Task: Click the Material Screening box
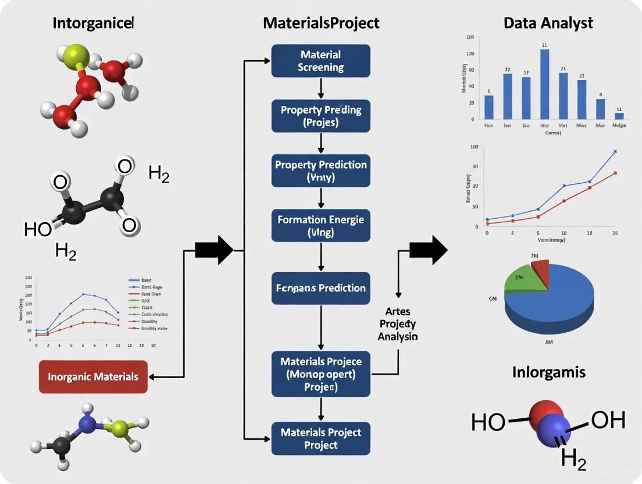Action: (320, 61)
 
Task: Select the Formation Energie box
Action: (320, 226)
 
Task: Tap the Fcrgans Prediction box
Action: (320, 287)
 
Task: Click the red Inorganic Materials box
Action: (93, 376)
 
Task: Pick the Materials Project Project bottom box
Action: (320, 438)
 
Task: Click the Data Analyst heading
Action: (548, 23)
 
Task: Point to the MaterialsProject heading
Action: (321, 23)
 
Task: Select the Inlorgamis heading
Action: (549, 372)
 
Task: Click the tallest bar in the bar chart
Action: (545, 84)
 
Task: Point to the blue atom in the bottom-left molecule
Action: (88, 424)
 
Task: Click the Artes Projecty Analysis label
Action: (398, 323)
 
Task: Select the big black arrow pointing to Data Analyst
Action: (428, 250)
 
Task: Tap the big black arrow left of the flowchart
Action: (213, 250)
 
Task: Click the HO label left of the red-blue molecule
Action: (488, 422)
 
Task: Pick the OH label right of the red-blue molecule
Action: (608, 420)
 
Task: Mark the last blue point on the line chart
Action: (615, 151)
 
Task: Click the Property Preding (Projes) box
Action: (320, 115)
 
